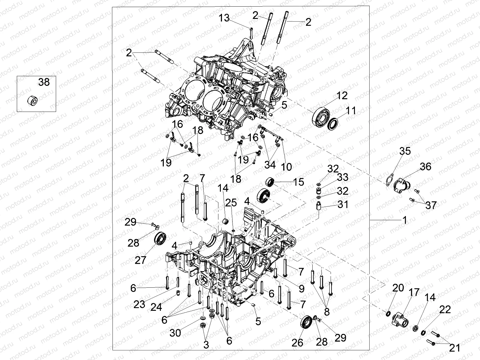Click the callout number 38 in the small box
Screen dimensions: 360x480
44,82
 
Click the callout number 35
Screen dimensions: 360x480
405,151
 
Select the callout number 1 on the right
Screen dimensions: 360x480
404,220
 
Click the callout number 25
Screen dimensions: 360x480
231,203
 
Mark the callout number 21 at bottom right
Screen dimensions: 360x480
454,348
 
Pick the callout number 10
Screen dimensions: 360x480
287,167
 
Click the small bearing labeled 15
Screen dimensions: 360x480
270,182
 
